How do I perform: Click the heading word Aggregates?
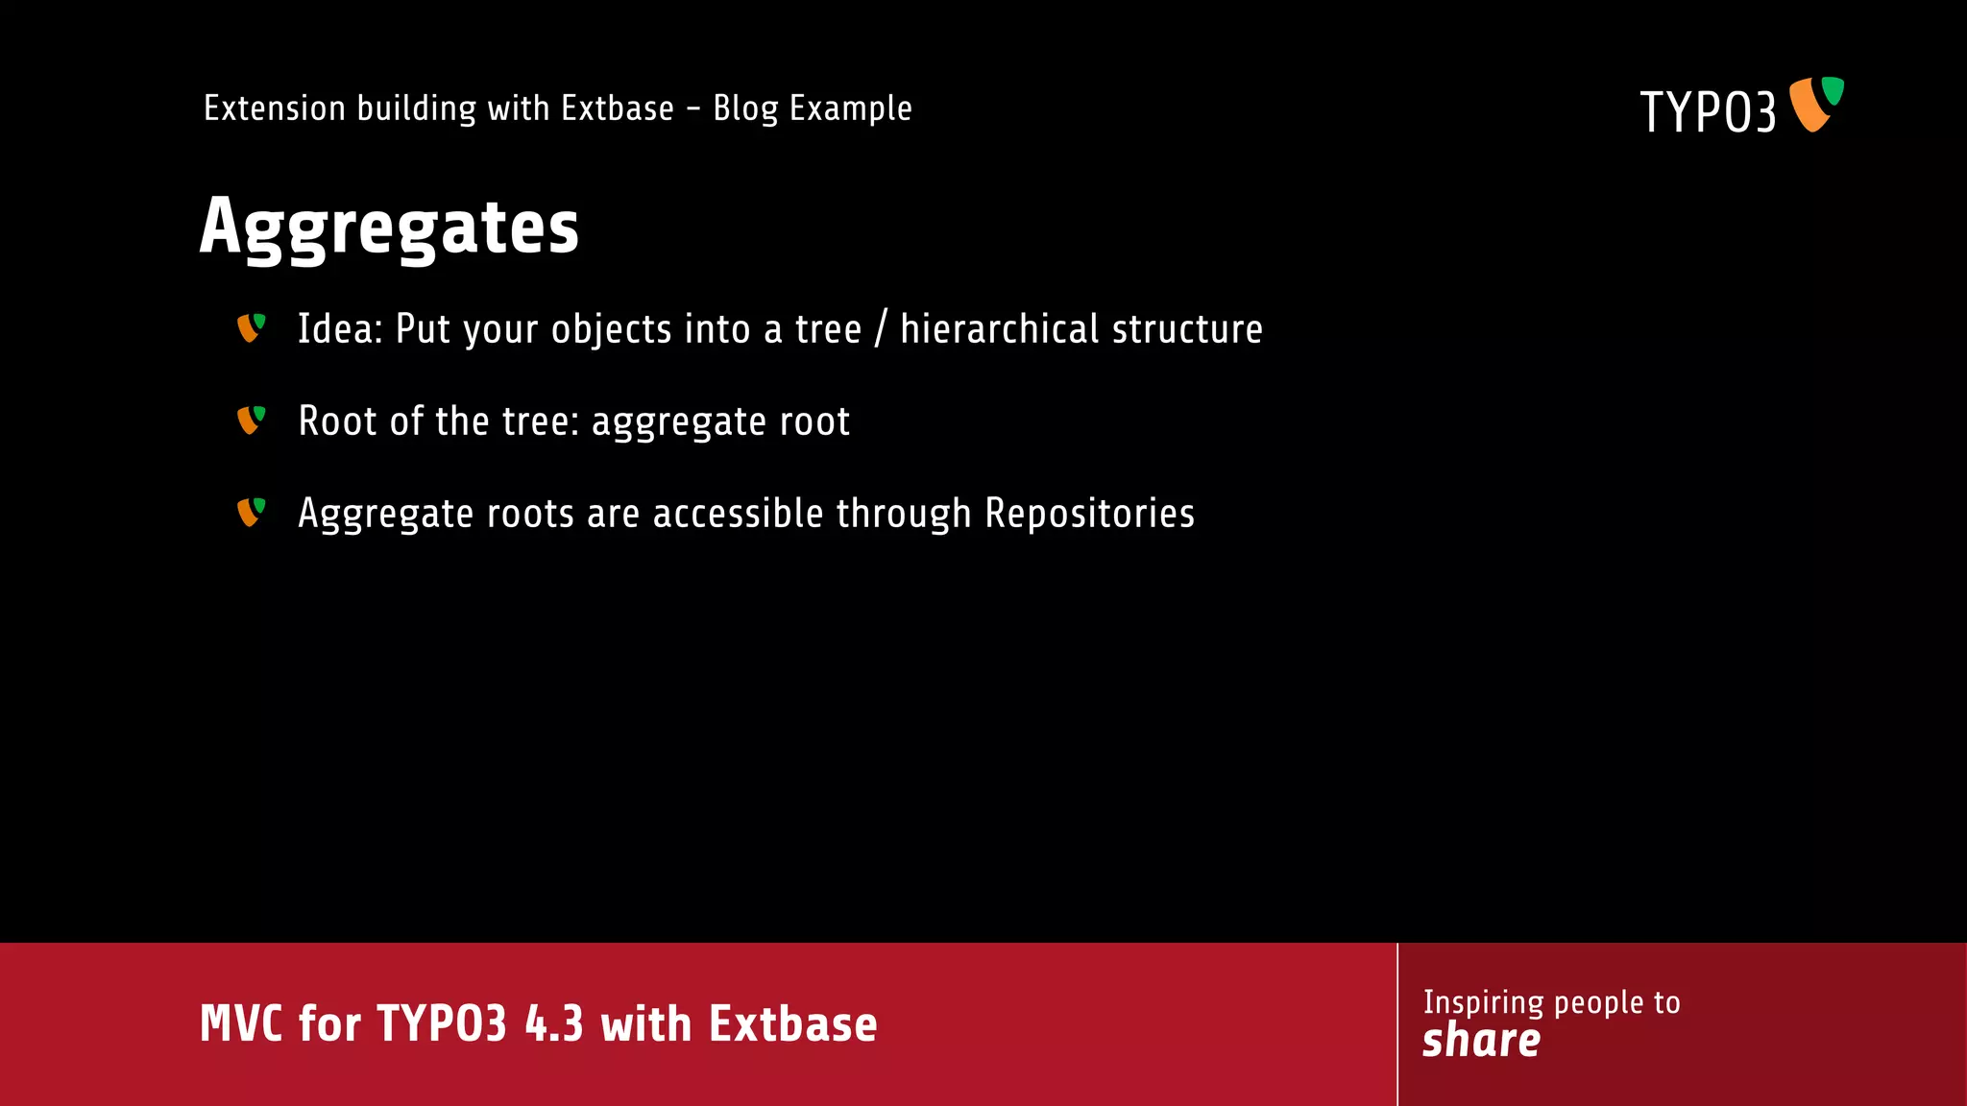click(389, 227)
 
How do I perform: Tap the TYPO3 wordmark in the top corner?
click(1707, 111)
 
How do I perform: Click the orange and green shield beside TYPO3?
click(1815, 104)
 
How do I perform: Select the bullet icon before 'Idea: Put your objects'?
click(251, 328)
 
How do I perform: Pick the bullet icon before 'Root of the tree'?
click(251, 421)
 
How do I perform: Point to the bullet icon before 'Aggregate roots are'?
click(251, 513)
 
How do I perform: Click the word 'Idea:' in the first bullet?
click(340, 329)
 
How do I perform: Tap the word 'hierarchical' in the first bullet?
click(999, 329)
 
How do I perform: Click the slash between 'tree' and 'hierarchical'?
click(881, 329)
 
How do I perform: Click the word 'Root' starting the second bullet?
click(337, 421)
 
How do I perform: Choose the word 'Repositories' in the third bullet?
click(1089, 514)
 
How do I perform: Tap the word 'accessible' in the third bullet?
click(738, 514)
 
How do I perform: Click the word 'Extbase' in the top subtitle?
click(617, 108)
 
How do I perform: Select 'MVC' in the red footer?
click(241, 1023)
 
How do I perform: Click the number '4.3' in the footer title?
click(554, 1023)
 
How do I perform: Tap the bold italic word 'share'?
click(1481, 1041)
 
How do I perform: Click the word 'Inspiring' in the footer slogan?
click(1483, 1002)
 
